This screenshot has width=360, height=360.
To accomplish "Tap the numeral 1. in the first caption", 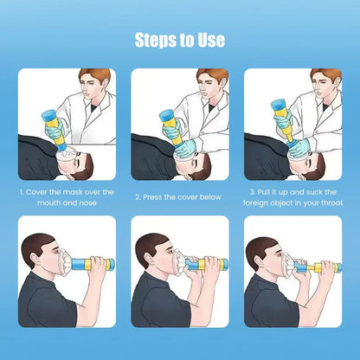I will (x=22, y=191).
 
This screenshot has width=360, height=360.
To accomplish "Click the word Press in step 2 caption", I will (x=158, y=197).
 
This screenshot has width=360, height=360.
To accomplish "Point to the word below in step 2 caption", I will (x=209, y=197).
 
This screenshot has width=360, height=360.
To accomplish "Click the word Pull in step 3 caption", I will (x=266, y=191).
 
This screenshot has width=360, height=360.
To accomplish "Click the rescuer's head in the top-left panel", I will (x=94, y=84).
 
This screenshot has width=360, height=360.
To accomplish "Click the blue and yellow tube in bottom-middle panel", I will (x=200, y=264).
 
